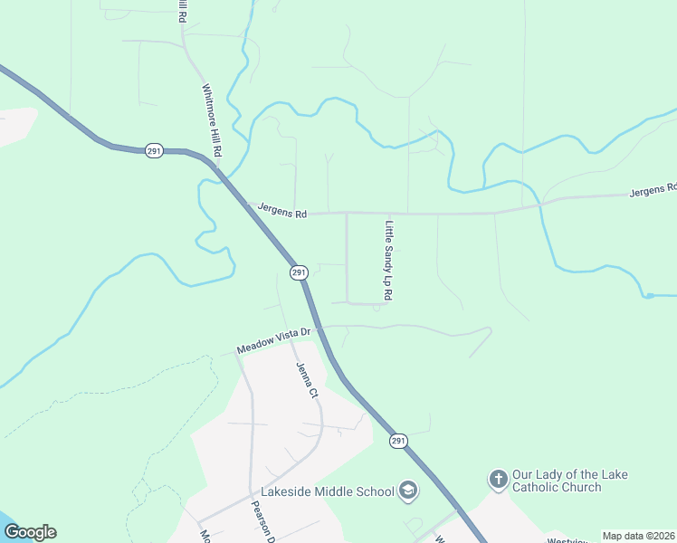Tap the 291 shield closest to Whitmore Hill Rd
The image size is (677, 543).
155,150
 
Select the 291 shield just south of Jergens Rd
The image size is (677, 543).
300,271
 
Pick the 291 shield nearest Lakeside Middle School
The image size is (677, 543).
399,441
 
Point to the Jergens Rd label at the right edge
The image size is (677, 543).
653,189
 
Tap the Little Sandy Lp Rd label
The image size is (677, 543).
389,262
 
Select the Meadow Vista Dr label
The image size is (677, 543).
273,341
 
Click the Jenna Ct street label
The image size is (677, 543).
307,381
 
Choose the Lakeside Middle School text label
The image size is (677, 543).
328,491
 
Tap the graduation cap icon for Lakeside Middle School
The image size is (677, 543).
408,491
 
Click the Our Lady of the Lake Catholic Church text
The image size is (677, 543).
569,481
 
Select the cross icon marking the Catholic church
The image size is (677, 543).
498,478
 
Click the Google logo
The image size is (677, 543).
30,532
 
